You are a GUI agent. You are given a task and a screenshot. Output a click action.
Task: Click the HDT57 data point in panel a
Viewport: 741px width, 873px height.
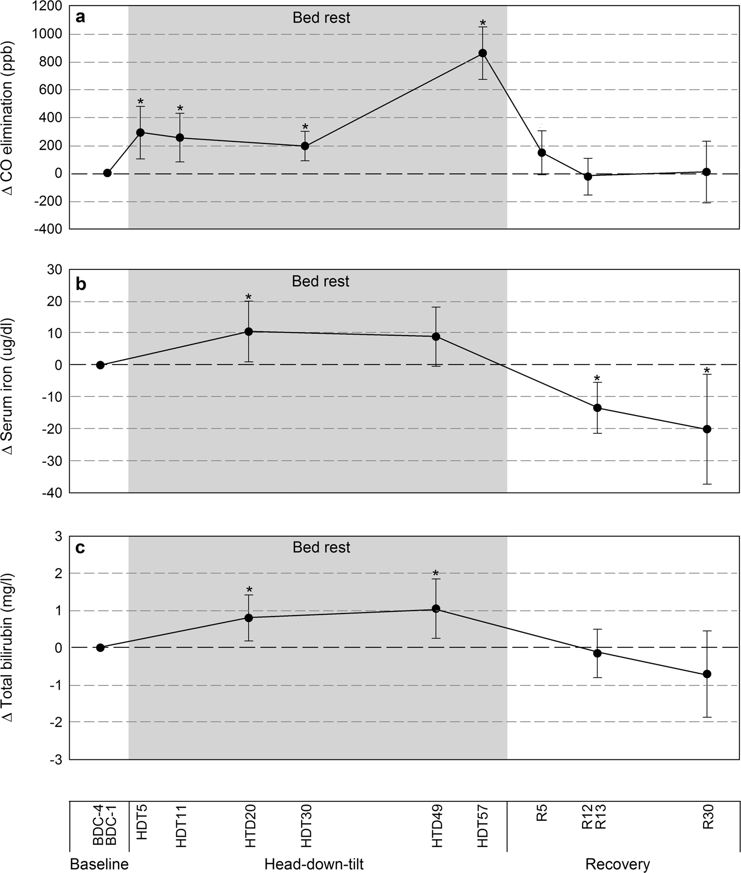[x=482, y=53]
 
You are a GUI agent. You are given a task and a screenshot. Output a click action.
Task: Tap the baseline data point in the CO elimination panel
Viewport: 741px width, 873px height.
[x=107, y=173]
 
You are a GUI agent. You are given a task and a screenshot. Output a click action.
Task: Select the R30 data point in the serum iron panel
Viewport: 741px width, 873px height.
[x=706, y=429]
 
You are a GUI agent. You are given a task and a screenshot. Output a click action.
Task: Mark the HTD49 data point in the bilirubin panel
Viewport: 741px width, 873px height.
[x=436, y=608]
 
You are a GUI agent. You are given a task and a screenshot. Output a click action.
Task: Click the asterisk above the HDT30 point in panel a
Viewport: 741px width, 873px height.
[x=305, y=127]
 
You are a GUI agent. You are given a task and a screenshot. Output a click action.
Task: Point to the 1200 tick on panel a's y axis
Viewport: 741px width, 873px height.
[x=51, y=6]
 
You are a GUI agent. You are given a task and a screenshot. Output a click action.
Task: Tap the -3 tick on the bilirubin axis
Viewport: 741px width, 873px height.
[x=58, y=759]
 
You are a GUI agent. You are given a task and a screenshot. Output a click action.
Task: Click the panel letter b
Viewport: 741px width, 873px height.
[x=81, y=284]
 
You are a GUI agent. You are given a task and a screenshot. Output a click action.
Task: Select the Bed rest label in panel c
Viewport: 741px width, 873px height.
[x=321, y=547]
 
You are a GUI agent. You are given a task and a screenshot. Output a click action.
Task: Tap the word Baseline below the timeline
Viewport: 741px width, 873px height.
[x=99, y=864]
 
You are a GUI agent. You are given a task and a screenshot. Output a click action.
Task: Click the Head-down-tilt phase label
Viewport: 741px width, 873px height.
[x=314, y=864]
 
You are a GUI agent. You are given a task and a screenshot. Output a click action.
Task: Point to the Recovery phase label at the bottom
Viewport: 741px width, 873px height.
[x=617, y=864]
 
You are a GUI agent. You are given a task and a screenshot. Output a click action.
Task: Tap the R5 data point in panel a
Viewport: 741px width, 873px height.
[x=542, y=152]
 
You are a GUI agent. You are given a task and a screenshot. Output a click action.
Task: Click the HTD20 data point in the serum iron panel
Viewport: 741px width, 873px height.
[x=248, y=331]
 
